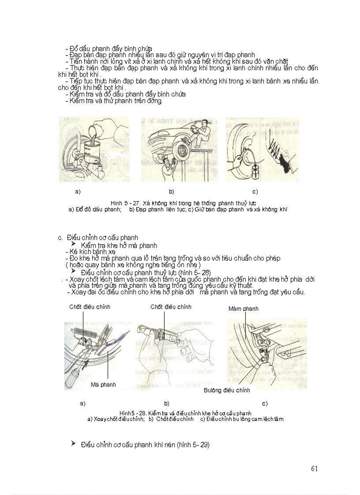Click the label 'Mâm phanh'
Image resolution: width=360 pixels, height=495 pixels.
[x=243, y=309]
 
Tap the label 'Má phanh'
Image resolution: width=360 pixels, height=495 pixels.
[x=103, y=384]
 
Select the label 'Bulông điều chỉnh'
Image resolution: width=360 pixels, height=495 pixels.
[x=227, y=390]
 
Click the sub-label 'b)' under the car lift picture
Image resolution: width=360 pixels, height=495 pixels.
[x=172, y=192]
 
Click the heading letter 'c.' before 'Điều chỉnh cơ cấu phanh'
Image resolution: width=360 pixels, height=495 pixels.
[x=60, y=238]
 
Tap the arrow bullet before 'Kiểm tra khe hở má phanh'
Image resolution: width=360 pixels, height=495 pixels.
[x=74, y=244]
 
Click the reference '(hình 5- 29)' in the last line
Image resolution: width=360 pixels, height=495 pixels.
[x=193, y=445]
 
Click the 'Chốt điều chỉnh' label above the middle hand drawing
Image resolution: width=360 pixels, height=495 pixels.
[x=171, y=307]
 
